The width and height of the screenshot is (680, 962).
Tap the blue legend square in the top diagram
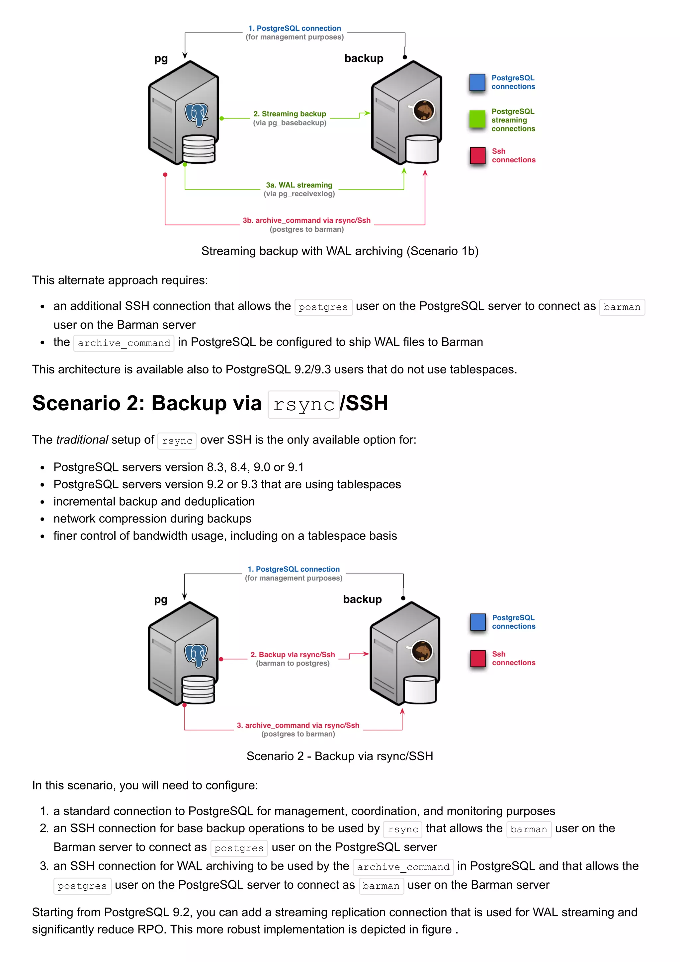tap(477, 82)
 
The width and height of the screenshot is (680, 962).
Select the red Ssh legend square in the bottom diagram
tap(478, 658)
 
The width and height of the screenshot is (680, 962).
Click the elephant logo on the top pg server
tap(197, 115)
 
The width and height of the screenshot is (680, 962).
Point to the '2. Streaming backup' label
tap(290, 114)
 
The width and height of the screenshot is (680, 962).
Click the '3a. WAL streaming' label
tap(299, 185)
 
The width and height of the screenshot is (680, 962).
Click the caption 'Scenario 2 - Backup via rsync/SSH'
tap(340, 756)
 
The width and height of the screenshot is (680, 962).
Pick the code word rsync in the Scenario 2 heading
tap(304, 405)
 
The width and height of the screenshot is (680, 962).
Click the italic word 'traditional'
tap(82, 440)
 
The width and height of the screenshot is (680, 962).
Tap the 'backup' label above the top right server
tap(364, 58)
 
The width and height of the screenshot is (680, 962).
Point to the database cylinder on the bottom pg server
tap(198, 689)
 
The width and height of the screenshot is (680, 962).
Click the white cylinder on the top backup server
tap(422, 149)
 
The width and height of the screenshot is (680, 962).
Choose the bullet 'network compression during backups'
tap(152, 519)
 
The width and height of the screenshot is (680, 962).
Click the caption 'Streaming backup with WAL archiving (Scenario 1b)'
tap(340, 251)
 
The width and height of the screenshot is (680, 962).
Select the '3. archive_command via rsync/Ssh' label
tap(298, 725)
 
